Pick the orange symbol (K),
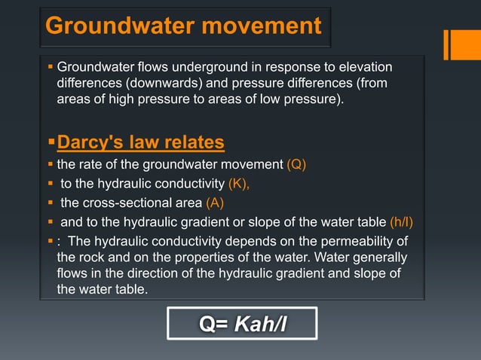click(238, 183)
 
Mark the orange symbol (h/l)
click(401, 222)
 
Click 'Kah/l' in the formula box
click(261, 324)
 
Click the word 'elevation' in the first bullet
click(365, 69)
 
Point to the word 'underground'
click(195, 69)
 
